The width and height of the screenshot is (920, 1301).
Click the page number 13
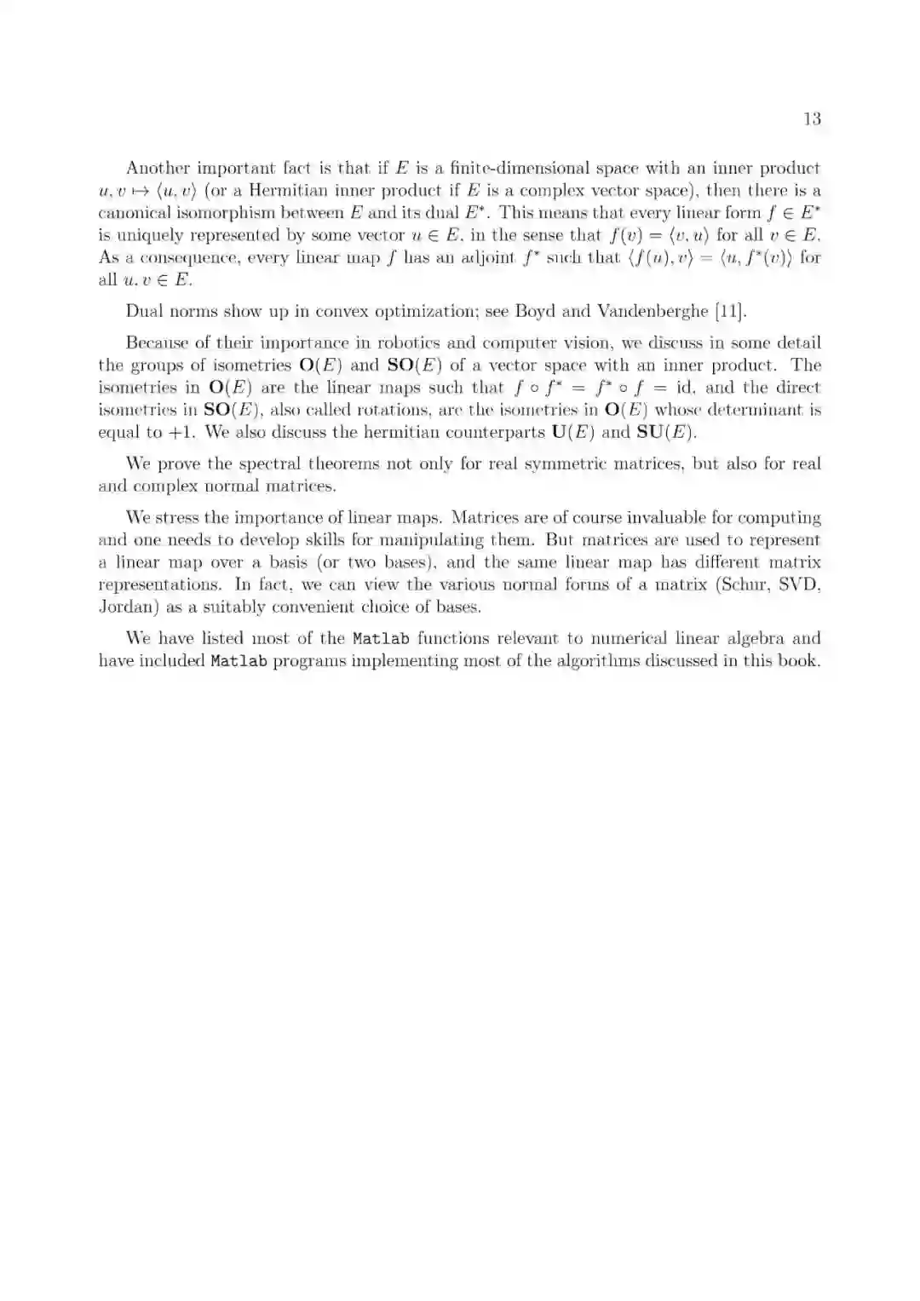(x=811, y=118)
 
